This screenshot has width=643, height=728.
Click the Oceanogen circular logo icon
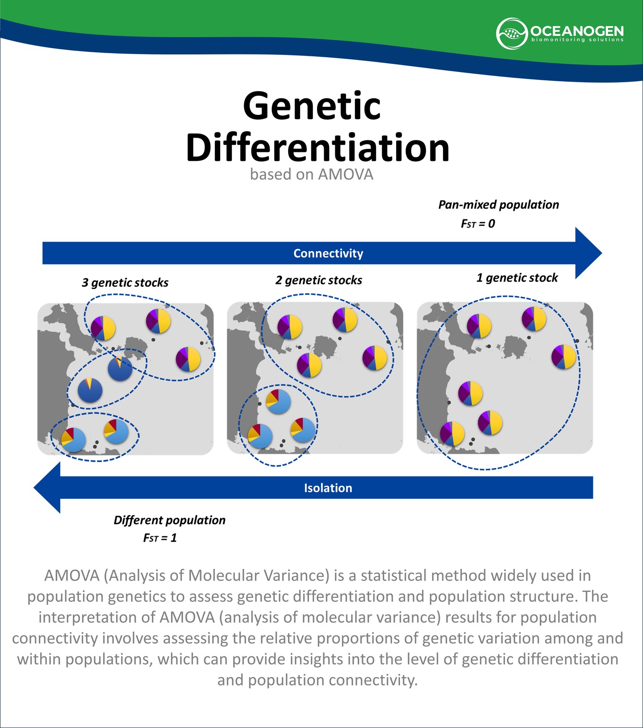click(511, 34)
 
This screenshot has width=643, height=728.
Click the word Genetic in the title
click(312, 106)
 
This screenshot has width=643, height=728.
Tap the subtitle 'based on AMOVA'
click(311, 174)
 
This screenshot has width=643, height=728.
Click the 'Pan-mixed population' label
click(498, 205)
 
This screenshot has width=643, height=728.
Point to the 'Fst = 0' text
click(478, 223)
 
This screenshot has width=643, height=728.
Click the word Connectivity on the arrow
click(328, 253)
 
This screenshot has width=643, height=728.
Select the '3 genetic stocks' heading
click(125, 282)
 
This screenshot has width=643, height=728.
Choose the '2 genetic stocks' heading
click(319, 280)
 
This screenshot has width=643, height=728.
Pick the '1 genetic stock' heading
click(517, 278)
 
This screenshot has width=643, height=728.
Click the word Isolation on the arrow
click(328, 488)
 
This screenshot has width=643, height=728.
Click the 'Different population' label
click(170, 520)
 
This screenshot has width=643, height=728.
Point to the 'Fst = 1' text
click(160, 538)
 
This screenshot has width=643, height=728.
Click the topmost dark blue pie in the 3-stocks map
click(120, 369)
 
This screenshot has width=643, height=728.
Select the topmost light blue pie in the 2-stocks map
click(278, 401)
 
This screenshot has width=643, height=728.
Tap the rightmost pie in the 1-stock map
click(564, 357)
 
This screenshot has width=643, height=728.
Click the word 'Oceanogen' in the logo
click(577, 31)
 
